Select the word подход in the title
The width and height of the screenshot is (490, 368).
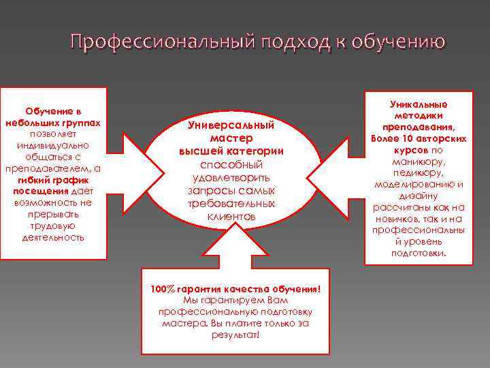pos(284,42)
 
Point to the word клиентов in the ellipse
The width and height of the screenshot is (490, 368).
pos(231,216)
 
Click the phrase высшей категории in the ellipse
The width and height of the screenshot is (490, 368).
pos(231,151)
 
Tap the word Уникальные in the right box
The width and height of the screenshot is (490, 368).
pos(419,104)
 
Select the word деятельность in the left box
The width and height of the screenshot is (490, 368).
pos(53,237)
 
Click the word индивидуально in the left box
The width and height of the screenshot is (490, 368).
pos(53,145)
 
